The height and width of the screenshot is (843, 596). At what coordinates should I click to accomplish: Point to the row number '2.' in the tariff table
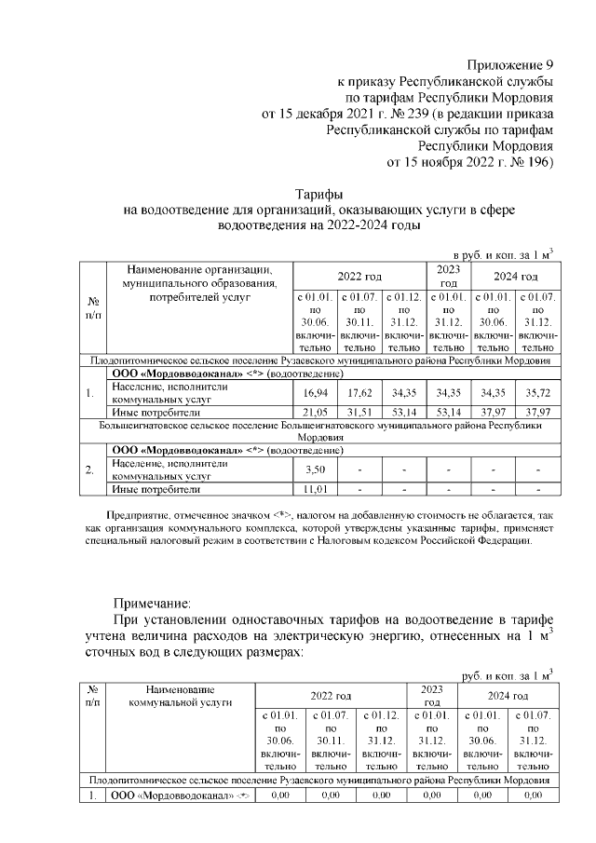pyautogui.click(x=92, y=469)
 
